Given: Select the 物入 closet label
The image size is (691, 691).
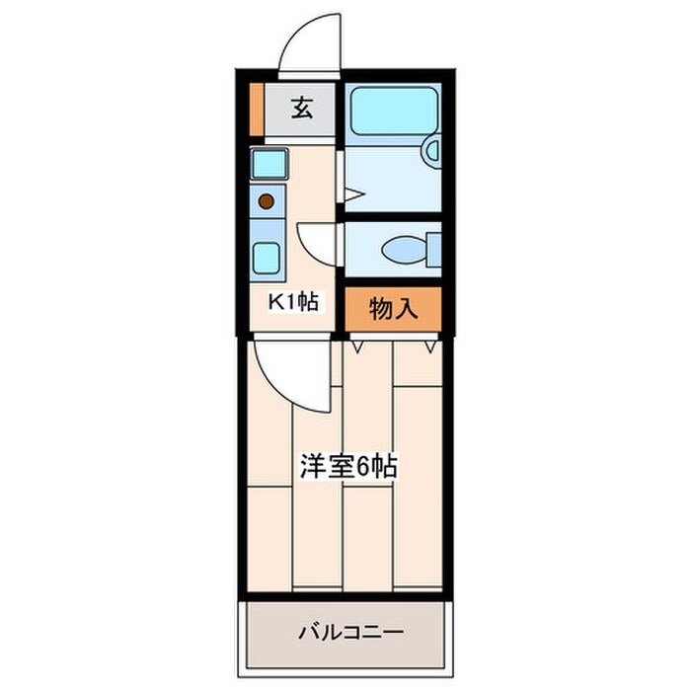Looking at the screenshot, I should [392, 309].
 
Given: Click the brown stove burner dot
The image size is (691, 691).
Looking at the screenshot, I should [265, 201].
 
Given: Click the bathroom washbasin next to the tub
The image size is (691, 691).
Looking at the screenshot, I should [431, 151].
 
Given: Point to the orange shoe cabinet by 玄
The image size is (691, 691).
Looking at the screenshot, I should [256, 112].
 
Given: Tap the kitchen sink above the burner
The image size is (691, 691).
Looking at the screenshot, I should [269, 163].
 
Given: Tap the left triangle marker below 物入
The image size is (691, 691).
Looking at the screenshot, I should [358, 345].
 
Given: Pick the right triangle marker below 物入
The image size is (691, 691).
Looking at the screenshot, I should [429, 345].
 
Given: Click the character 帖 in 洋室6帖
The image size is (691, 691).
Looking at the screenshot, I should [384, 466].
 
